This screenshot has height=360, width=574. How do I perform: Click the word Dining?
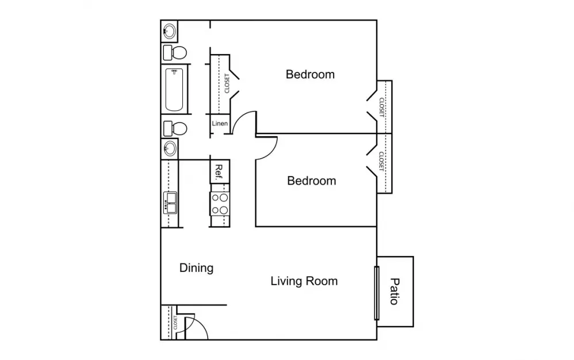point(196,268)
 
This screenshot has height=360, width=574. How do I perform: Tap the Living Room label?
point(304,281)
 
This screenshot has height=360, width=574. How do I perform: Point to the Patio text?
point(394,292)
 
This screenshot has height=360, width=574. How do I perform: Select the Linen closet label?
point(220,124)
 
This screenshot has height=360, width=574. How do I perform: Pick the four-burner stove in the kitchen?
point(220,204)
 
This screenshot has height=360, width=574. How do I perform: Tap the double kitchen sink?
point(170,202)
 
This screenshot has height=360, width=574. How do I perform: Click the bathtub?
point(174,90)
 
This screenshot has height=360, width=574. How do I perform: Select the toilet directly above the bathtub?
point(175,53)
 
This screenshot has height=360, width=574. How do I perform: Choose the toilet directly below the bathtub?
point(175,128)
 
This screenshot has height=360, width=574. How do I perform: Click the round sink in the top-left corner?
point(170,31)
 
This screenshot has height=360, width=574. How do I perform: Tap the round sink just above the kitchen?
point(170,148)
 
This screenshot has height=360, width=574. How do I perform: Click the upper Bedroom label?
point(310,74)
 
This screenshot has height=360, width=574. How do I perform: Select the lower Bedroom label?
point(312,181)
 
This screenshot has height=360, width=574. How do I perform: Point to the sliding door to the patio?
point(376,293)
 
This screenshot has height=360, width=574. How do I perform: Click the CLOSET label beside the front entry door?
point(175,322)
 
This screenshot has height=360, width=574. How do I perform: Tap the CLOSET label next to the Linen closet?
point(227,83)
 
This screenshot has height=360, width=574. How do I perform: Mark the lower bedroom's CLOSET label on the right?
point(381,162)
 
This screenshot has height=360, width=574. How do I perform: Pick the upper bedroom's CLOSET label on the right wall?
point(382,107)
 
